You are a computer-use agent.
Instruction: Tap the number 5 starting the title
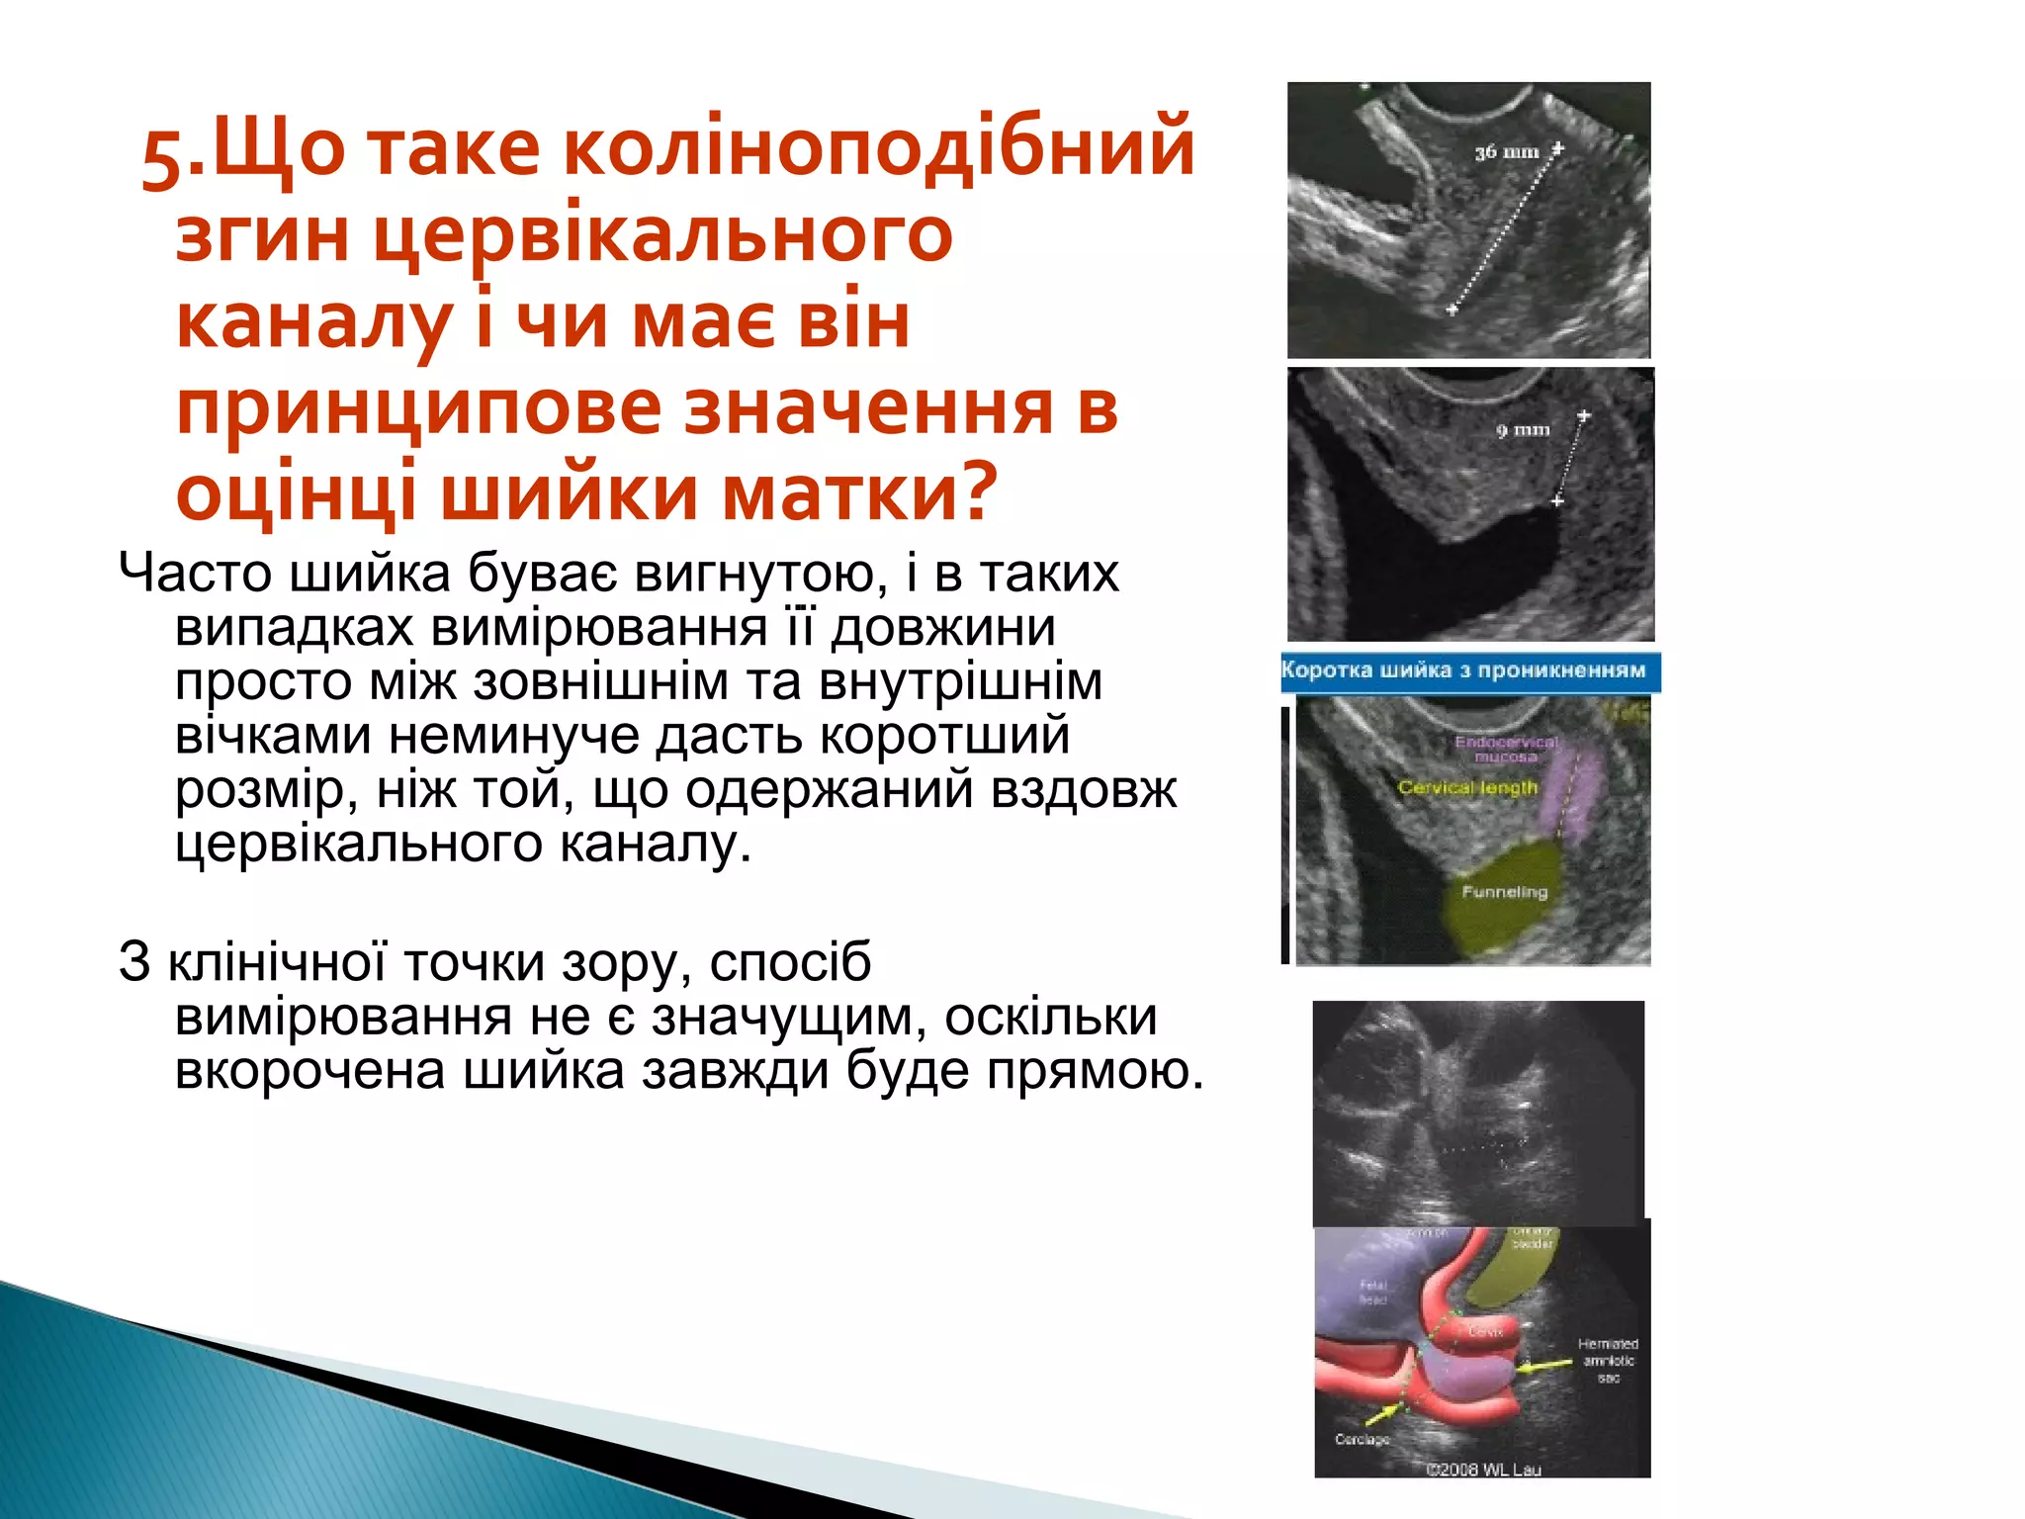(x=162, y=154)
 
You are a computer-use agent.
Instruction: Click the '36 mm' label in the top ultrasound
(x=1506, y=153)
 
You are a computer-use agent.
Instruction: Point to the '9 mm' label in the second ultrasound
(x=1523, y=430)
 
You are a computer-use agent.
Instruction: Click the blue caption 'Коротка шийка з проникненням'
(x=1463, y=670)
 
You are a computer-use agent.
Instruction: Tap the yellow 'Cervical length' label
(x=1467, y=788)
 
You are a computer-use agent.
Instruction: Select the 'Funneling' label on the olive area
(x=1504, y=892)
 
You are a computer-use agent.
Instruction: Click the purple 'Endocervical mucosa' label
(x=1506, y=749)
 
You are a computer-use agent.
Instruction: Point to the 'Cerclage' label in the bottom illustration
(x=1362, y=1439)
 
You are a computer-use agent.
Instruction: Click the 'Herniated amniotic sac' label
(x=1607, y=1360)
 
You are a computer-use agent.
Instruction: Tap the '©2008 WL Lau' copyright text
(x=1483, y=1469)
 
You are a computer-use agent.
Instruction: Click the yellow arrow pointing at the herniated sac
(x=1545, y=1366)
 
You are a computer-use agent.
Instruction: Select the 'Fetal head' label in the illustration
(x=1373, y=1292)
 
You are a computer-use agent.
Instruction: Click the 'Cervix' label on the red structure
(x=1485, y=1331)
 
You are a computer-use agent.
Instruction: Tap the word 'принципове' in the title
(x=416, y=407)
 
